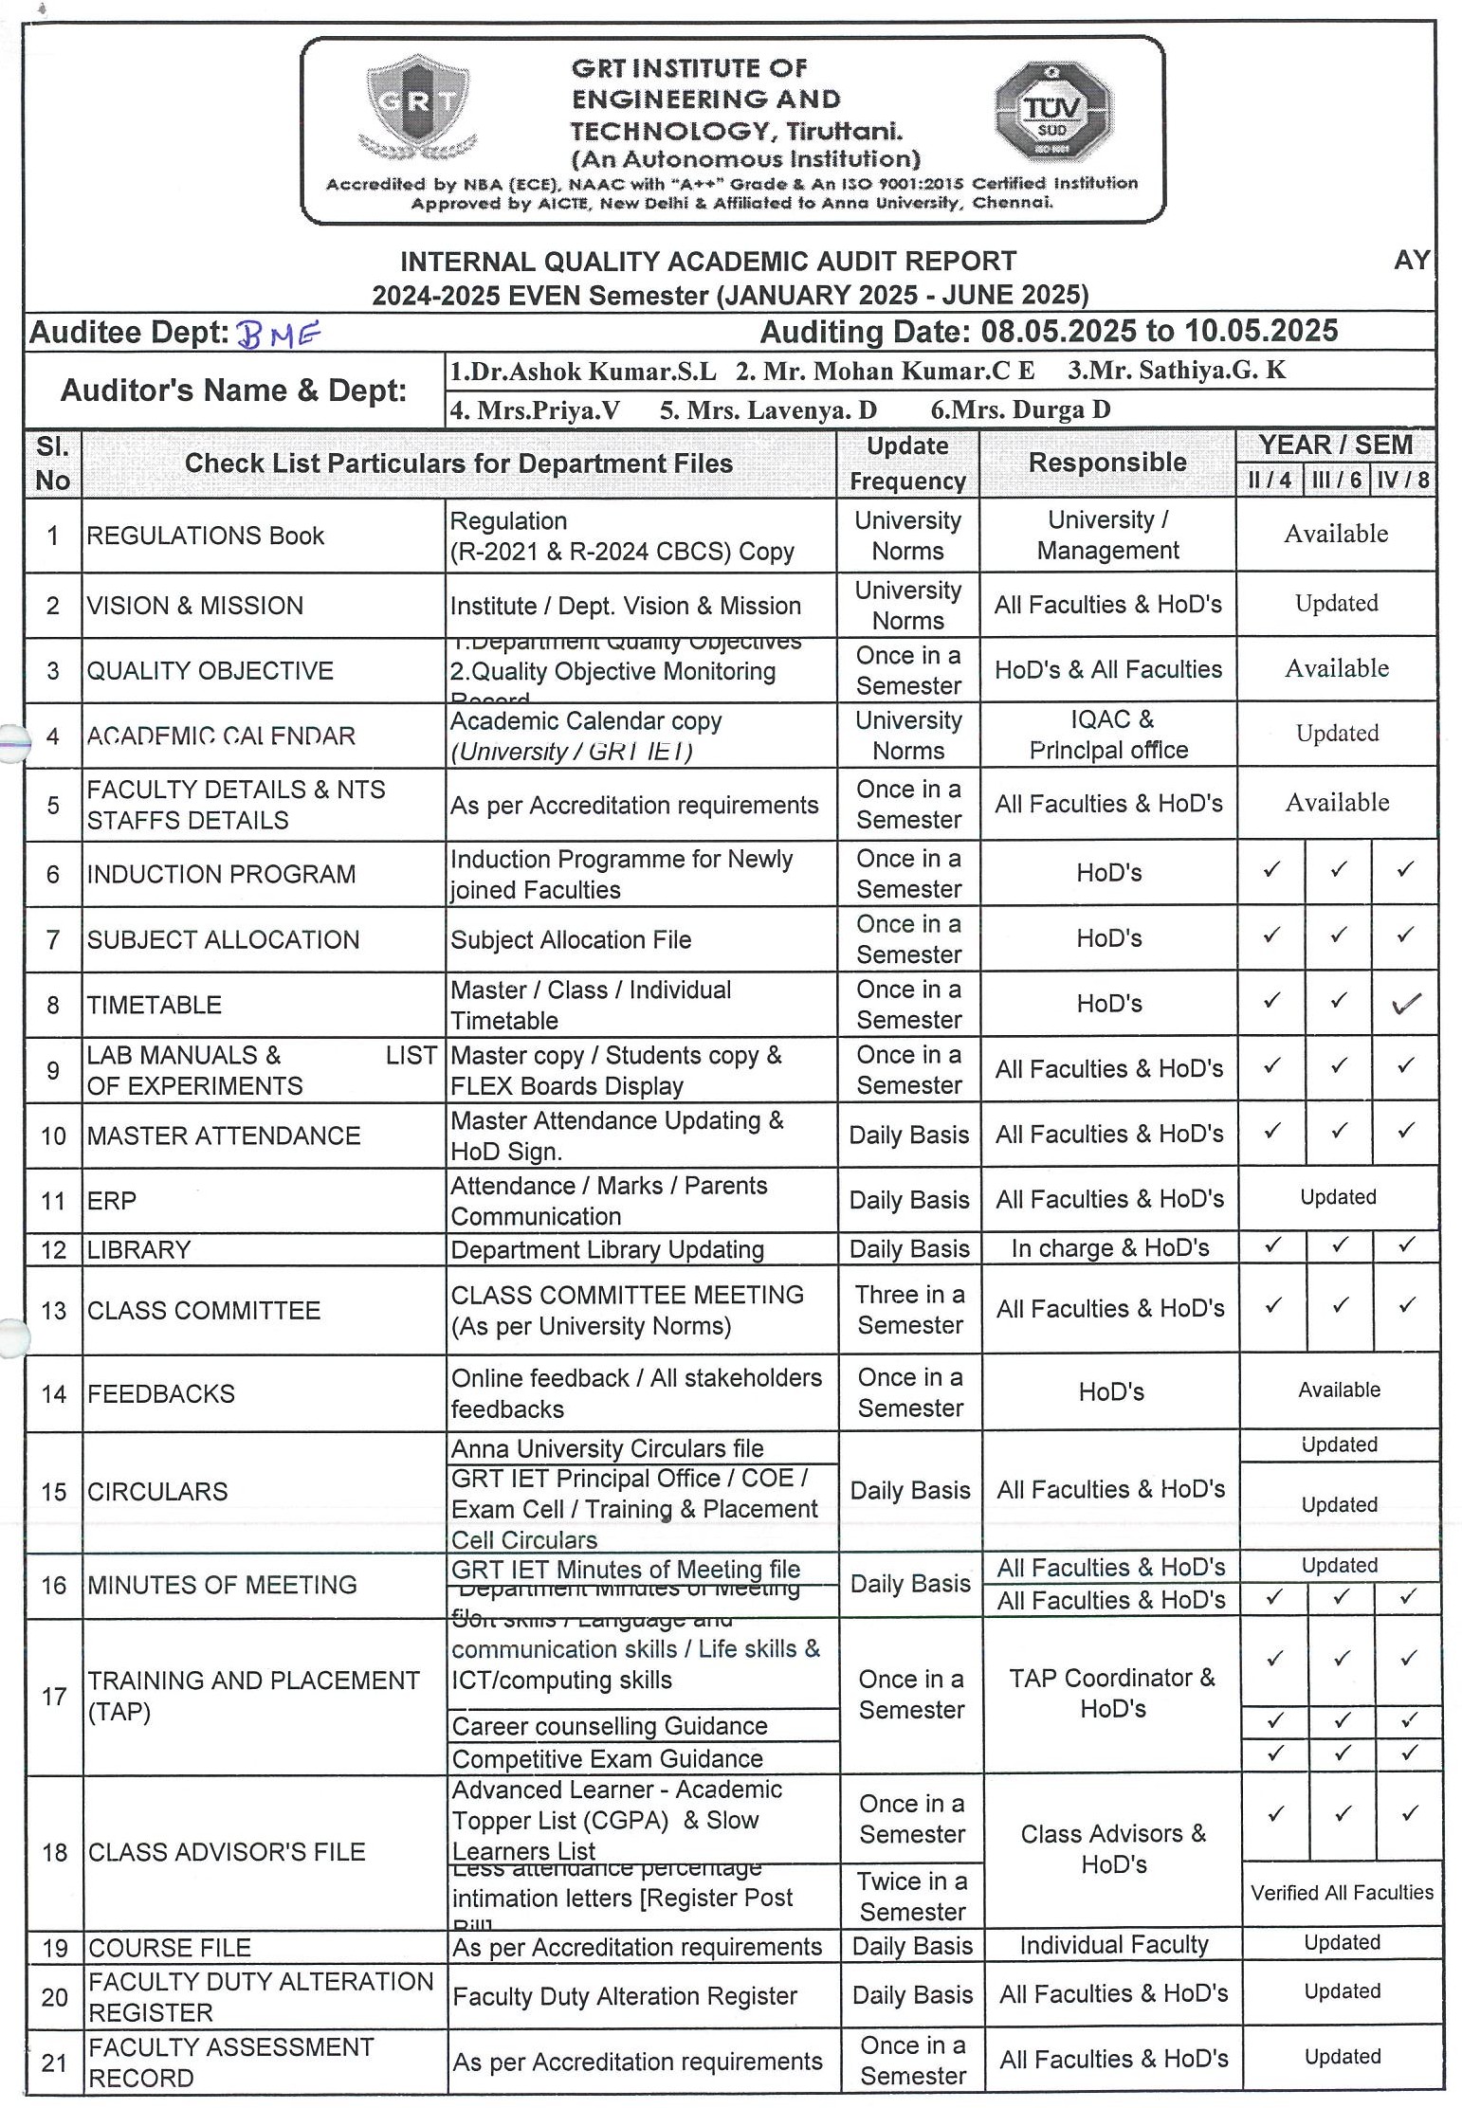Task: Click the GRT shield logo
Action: [417, 104]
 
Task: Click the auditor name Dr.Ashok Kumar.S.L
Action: [583, 371]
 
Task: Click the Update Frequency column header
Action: [907, 463]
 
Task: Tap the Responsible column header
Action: [1106, 463]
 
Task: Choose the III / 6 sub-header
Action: [1337, 480]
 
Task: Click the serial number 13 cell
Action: [54, 1311]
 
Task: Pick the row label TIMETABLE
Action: [155, 1005]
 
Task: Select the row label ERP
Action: [112, 1201]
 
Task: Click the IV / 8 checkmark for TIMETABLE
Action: [1405, 1003]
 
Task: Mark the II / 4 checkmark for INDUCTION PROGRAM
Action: [1271, 868]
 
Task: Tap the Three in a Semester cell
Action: [909, 1310]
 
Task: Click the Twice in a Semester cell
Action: [912, 1896]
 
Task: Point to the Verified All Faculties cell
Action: [1342, 1893]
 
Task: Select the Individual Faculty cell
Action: [1113, 1945]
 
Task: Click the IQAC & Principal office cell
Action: [1107, 735]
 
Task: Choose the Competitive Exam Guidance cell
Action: [607, 1759]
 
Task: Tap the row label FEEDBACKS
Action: [161, 1394]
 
